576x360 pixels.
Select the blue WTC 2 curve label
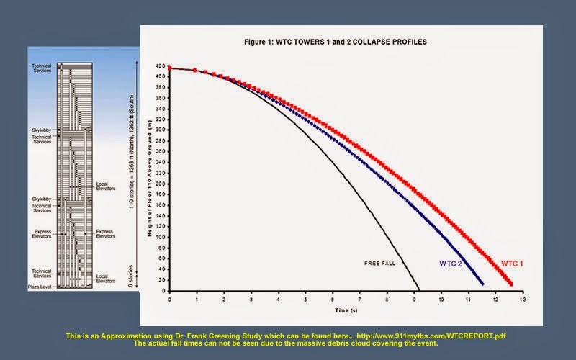point(451,264)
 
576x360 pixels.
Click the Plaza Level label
point(42,286)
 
